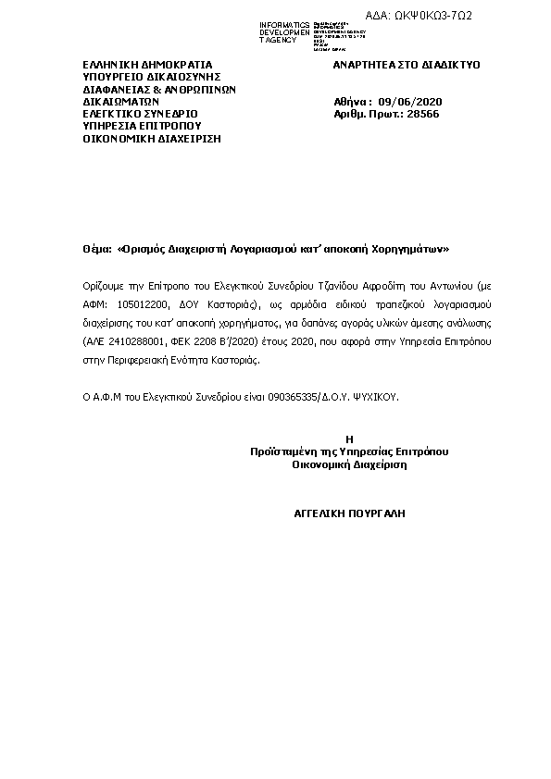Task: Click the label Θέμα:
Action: point(95,248)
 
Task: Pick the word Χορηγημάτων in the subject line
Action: point(412,248)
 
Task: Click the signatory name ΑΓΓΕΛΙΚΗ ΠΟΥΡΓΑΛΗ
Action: point(349,512)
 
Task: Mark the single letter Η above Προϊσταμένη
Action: point(348,439)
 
